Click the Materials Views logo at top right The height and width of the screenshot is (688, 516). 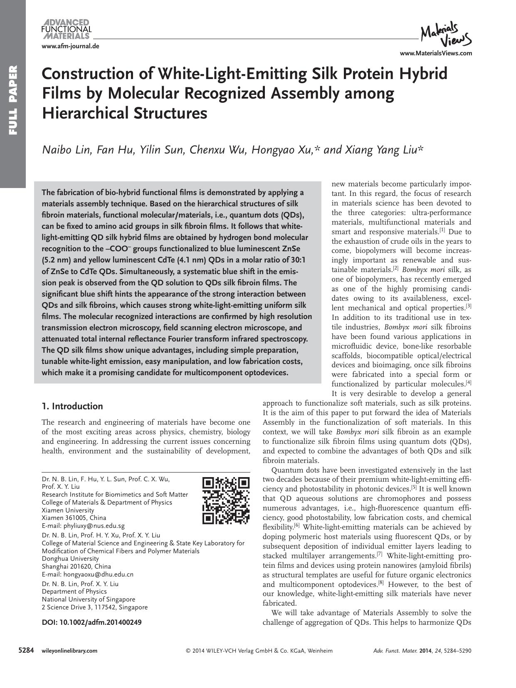pyautogui.click(x=445, y=34)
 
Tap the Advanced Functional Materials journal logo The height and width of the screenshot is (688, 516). pyautogui.click(x=67, y=29)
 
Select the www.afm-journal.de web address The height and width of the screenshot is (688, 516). pyautogui.click(x=70, y=46)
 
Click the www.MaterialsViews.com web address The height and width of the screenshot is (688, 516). pyautogui.click(x=436, y=53)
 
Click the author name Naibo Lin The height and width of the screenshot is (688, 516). pyautogui.click(x=66, y=150)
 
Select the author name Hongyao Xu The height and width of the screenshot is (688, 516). pyautogui.click(x=284, y=150)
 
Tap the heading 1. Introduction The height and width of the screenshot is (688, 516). pyautogui.click(x=72, y=406)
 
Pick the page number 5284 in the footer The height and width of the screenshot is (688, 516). pyautogui.click(x=26, y=651)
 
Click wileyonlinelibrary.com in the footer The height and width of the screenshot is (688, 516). pyautogui.click(x=69, y=651)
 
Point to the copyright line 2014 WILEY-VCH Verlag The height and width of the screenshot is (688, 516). pyautogui.click(x=259, y=651)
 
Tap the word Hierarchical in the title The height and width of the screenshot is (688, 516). pyautogui.click(x=85, y=113)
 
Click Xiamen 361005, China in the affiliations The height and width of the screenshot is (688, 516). pyautogui.click(x=74, y=518)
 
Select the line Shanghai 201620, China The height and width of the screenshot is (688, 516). pyautogui.click(x=77, y=567)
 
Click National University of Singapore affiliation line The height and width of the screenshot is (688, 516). pyautogui.click(x=89, y=599)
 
